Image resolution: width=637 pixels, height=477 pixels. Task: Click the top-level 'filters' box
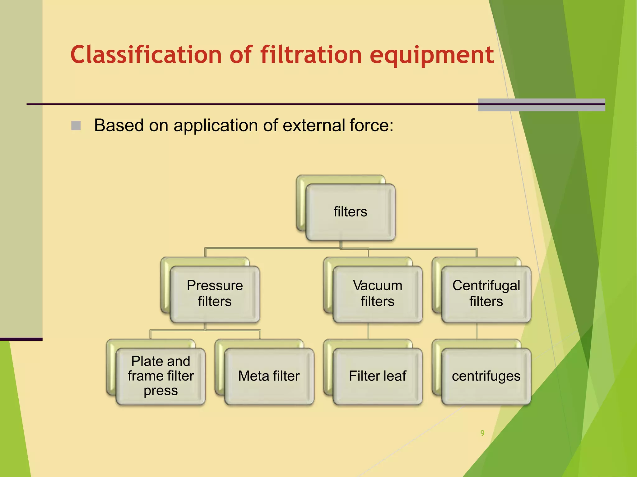click(x=350, y=212)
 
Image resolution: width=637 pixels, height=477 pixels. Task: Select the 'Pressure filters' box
click(x=215, y=294)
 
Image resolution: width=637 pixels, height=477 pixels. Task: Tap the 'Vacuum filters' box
click(x=377, y=294)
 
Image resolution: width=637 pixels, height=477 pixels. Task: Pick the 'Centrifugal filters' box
click(x=486, y=294)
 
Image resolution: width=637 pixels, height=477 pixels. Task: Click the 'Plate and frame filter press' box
click(x=160, y=376)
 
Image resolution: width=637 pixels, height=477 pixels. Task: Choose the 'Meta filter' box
click(x=269, y=376)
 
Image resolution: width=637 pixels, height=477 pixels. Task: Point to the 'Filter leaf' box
click(x=377, y=376)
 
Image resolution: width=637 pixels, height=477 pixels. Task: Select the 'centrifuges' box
click(x=486, y=376)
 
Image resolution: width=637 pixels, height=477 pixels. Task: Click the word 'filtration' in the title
click(x=311, y=55)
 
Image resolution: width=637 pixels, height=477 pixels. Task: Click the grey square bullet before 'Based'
click(x=76, y=126)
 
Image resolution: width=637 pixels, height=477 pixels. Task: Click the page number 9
click(x=482, y=433)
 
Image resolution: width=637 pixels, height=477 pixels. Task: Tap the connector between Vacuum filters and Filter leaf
click(x=368, y=331)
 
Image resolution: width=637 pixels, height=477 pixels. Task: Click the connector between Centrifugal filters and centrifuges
click(x=477, y=331)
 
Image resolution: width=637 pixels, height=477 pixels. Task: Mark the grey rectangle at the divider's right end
click(x=541, y=105)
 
